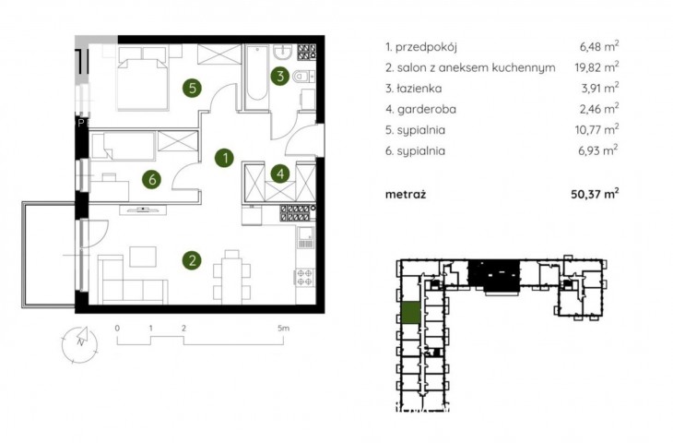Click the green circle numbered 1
click(224, 158)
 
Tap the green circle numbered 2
click(192, 260)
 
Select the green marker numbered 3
click(280, 76)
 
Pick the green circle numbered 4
click(280, 174)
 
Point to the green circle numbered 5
click(193, 88)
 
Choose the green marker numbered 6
click(152, 179)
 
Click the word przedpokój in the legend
click(426, 47)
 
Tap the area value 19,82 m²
click(596, 67)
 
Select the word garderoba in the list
click(427, 109)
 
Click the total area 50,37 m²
click(595, 194)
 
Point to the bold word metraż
click(406, 194)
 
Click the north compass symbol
click(80, 344)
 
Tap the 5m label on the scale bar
click(283, 329)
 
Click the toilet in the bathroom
click(303, 77)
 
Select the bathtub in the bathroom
click(257, 75)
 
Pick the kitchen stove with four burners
click(305, 277)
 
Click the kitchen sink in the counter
click(305, 237)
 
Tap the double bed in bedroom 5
click(143, 78)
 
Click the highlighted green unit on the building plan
click(411, 313)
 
